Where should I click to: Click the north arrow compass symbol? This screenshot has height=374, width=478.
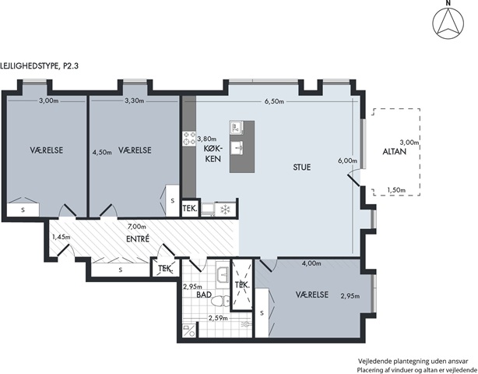(448, 23)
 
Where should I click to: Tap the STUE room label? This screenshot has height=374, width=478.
(302, 168)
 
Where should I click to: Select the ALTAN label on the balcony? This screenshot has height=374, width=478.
(395, 152)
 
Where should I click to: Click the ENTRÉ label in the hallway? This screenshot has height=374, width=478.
(138, 238)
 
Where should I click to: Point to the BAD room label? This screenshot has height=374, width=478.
(204, 295)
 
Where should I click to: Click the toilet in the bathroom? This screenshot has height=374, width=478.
(221, 301)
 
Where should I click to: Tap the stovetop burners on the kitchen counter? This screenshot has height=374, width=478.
(189, 138)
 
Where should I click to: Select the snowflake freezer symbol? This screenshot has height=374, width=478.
(225, 210)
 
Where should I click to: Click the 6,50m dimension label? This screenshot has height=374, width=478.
(274, 101)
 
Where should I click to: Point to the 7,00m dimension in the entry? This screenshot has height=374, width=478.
(136, 227)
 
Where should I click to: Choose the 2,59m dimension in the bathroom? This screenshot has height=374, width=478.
(218, 318)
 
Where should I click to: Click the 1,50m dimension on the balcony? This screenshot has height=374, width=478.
(396, 190)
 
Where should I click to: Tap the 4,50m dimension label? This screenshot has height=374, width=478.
(102, 152)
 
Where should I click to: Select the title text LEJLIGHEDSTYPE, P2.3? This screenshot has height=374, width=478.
(40, 66)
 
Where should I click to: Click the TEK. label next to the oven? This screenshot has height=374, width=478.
(190, 209)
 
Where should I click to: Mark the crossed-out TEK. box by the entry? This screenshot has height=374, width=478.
(165, 269)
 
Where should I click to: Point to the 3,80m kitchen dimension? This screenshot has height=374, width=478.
(206, 139)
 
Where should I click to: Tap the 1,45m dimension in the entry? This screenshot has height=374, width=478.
(61, 237)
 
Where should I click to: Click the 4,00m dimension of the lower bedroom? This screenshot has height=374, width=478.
(311, 263)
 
